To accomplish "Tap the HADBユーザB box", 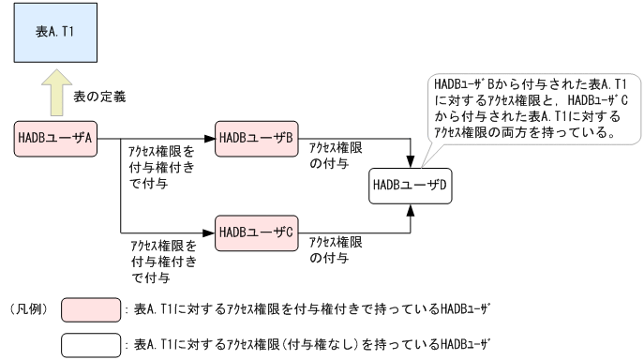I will coord(256,138).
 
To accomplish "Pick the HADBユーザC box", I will coord(256,230).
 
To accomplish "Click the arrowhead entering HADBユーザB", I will coord(209,138).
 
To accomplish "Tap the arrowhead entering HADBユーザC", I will coord(209,230).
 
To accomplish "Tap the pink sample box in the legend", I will coord(90,307).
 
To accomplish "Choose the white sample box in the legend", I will coord(90,344).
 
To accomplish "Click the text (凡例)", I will coord(25,307).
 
